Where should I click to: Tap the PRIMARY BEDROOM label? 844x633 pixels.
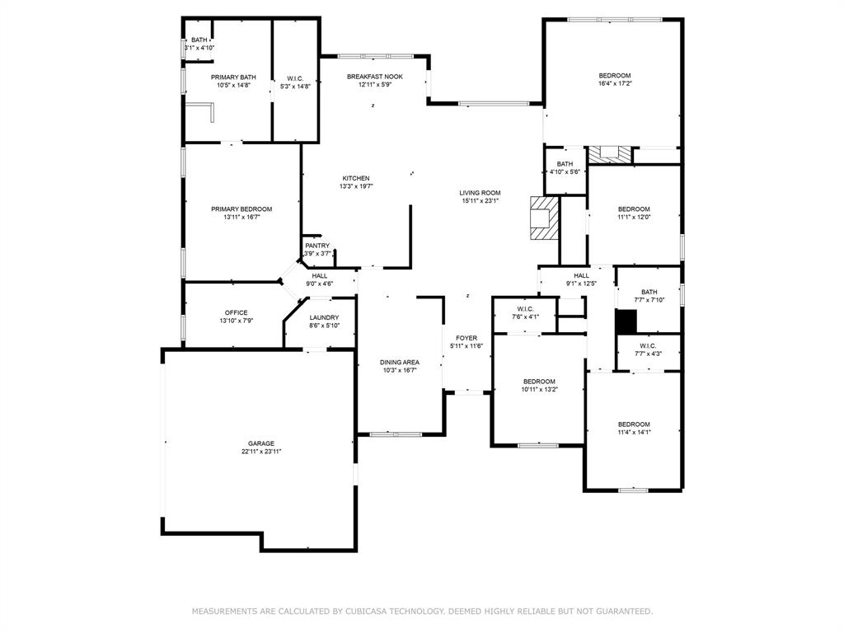click(241, 209)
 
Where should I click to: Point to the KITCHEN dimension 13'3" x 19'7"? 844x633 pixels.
click(356, 186)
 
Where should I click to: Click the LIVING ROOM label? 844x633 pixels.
click(480, 193)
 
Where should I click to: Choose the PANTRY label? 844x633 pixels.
click(317, 246)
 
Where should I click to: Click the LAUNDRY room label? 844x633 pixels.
click(324, 317)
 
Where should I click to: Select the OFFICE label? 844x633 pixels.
click(236, 312)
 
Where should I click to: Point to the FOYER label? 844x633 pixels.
click(467, 338)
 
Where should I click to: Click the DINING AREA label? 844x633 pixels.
click(400, 363)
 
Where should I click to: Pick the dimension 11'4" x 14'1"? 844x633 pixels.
click(634, 432)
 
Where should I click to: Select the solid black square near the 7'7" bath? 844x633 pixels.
click(626, 321)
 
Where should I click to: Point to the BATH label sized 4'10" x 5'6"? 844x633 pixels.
click(565, 164)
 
